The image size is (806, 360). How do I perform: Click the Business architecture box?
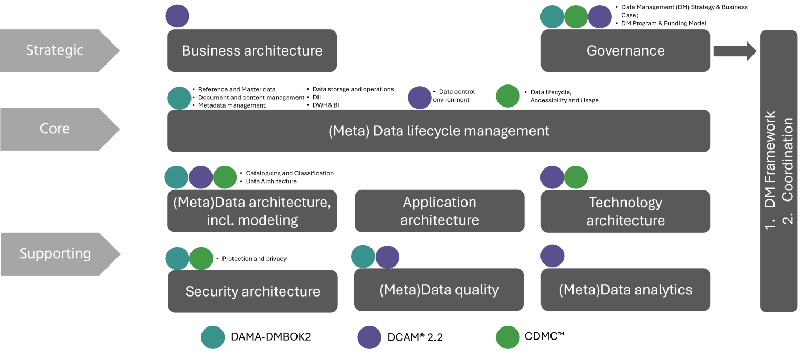pos(252,51)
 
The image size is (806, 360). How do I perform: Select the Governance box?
pos(625,51)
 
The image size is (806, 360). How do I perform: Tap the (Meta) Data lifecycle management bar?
pos(439,131)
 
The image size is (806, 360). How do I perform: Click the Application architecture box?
pos(439,211)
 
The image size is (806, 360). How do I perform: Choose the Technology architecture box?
pos(625,211)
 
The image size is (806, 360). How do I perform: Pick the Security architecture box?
pos(252,291)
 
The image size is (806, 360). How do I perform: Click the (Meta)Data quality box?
pos(439,290)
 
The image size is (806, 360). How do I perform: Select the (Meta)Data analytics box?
pos(625,290)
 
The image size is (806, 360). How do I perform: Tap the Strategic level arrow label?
pos(55,50)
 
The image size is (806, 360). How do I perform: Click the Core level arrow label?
pos(55,129)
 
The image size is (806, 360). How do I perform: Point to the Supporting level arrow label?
pos(56,254)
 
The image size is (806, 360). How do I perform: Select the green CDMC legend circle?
pos(508,337)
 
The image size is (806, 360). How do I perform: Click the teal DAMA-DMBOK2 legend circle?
pos(213,337)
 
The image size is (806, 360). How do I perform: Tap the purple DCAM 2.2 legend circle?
pos(369,337)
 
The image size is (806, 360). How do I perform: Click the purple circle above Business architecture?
pos(177,16)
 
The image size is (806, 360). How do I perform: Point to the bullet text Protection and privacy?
pos(254,259)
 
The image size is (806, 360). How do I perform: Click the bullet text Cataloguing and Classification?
pos(289,173)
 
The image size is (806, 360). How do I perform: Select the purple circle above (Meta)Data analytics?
pos(553,256)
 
